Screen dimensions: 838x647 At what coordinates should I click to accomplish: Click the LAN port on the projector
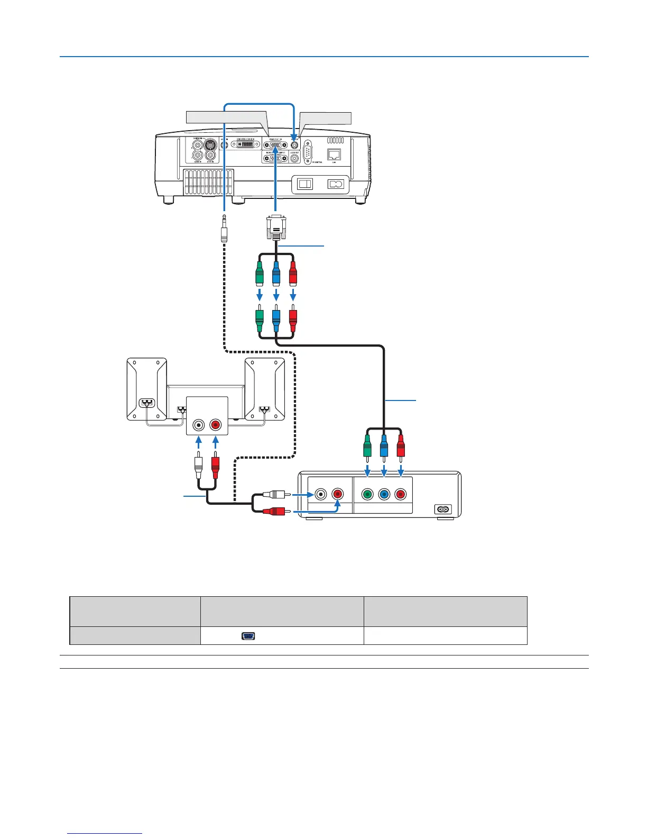tap(335, 154)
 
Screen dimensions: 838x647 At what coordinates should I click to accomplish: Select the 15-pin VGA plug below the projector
tap(275, 227)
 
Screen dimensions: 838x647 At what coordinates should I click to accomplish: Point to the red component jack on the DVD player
tap(401, 495)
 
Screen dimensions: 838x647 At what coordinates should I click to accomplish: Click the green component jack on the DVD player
tap(367, 495)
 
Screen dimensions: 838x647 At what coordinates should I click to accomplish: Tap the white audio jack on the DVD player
tap(320, 495)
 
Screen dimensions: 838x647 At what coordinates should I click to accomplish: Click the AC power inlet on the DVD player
tap(442, 509)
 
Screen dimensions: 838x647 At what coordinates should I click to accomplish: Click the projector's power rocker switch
tap(305, 184)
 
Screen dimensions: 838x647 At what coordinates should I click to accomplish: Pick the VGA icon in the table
tap(248, 635)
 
